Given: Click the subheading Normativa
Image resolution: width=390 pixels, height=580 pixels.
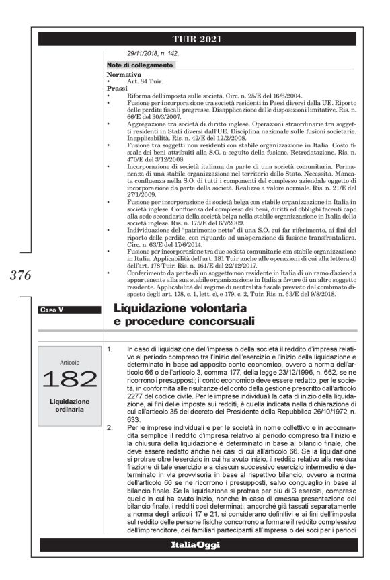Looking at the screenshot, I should pyautogui.click(x=124, y=74).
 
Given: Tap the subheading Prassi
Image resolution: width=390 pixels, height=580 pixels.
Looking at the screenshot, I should pyautogui.click(x=117, y=87).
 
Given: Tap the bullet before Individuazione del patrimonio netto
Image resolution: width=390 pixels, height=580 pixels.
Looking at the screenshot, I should pyautogui.click(x=109, y=229).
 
